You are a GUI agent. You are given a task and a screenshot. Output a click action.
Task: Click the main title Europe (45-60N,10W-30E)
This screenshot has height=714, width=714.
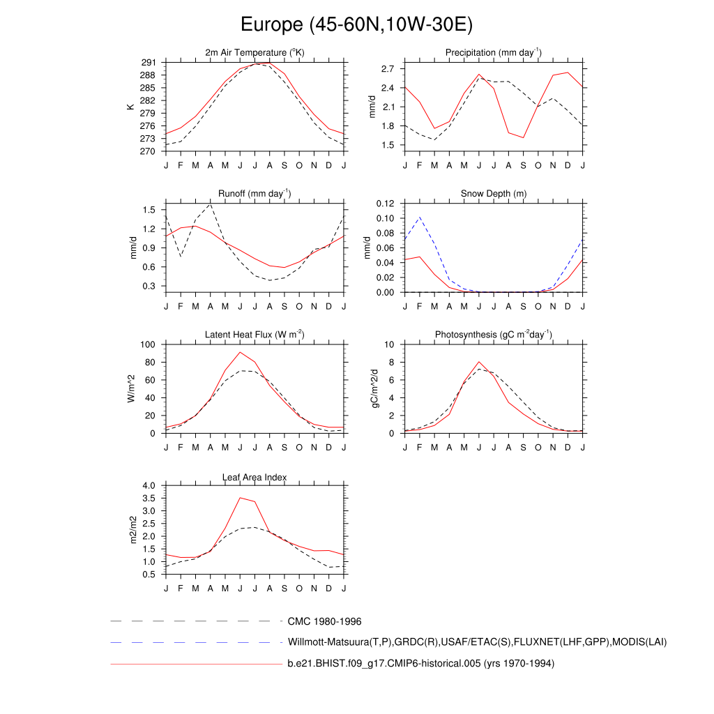point(356,25)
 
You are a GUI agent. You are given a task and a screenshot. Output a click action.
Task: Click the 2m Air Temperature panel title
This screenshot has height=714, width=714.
point(255,53)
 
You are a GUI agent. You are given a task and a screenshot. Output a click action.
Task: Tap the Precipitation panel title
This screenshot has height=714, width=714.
point(494,53)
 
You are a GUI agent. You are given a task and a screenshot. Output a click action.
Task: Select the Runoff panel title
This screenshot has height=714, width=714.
point(255,194)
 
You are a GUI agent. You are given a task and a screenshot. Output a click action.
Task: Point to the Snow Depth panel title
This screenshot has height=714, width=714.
point(494,194)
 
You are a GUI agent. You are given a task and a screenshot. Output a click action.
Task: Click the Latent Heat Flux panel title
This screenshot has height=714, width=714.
point(255,335)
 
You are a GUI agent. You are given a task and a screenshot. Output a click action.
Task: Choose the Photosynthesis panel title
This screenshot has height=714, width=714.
point(494,335)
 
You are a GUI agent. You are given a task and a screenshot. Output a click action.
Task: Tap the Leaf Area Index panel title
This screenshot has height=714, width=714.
point(255,477)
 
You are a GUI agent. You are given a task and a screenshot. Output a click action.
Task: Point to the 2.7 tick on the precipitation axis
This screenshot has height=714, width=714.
point(388,69)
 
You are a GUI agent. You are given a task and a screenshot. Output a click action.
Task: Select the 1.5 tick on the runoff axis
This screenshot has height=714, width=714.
point(149,210)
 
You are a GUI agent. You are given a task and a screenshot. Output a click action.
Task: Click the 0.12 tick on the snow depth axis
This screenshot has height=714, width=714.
point(386,204)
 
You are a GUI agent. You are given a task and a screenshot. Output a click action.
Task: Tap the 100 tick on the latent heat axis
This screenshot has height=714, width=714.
point(149,344)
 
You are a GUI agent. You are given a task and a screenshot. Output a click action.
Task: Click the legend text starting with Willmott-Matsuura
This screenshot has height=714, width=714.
point(477,642)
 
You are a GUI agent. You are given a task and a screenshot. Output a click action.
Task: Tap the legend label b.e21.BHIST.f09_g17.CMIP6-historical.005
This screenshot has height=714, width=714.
point(420,664)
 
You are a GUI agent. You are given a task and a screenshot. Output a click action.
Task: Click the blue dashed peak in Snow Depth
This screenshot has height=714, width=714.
point(419,218)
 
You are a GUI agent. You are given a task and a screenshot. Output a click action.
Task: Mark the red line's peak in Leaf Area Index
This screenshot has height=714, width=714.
point(240,498)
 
